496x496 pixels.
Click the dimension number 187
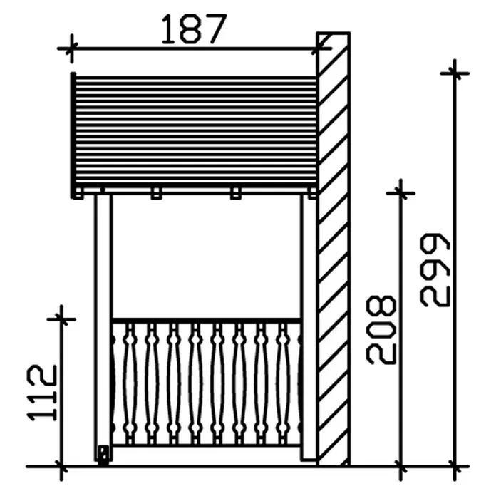(x=194, y=29)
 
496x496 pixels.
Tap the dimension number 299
(x=435, y=270)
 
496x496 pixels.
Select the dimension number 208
(x=381, y=330)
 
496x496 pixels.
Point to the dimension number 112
(x=42, y=393)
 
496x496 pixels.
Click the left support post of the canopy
(x=103, y=327)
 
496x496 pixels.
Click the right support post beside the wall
(x=309, y=327)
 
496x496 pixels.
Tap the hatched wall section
(x=334, y=249)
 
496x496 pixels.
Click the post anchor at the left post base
(x=103, y=455)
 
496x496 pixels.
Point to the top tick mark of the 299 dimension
(x=455, y=73)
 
